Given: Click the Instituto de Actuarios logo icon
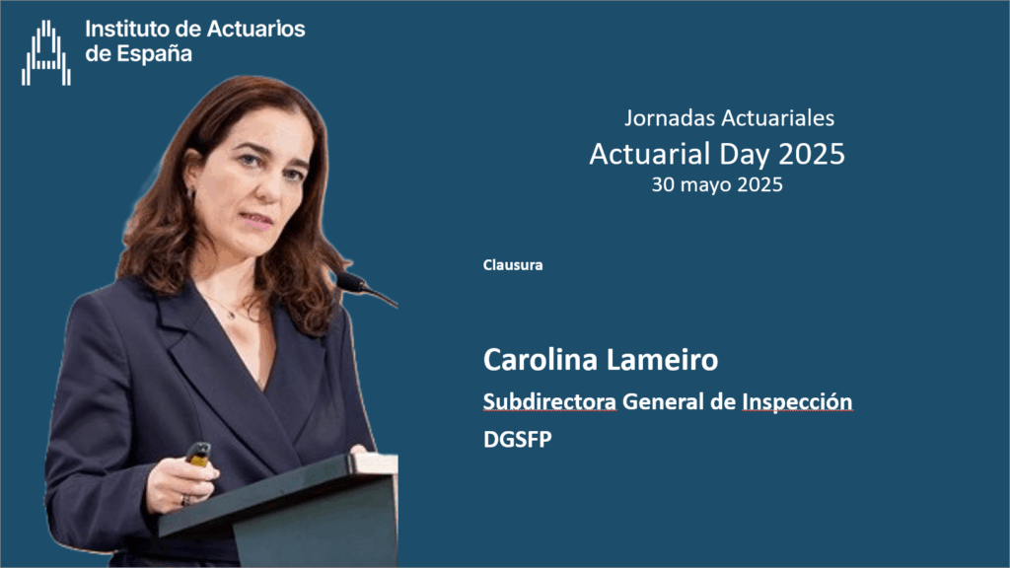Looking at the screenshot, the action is (45, 53).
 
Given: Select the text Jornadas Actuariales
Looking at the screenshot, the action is (729, 118).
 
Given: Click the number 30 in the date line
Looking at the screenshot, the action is (663, 184).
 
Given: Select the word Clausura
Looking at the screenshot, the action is (513, 264).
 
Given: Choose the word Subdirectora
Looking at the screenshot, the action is (549, 402).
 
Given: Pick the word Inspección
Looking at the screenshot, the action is (797, 402).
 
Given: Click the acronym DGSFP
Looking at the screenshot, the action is (517, 440).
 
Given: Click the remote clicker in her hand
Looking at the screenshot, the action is (198, 454).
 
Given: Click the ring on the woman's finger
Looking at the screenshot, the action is (185, 500).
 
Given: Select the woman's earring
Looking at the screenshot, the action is (191, 192).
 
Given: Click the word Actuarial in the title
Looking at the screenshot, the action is (649, 154).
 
